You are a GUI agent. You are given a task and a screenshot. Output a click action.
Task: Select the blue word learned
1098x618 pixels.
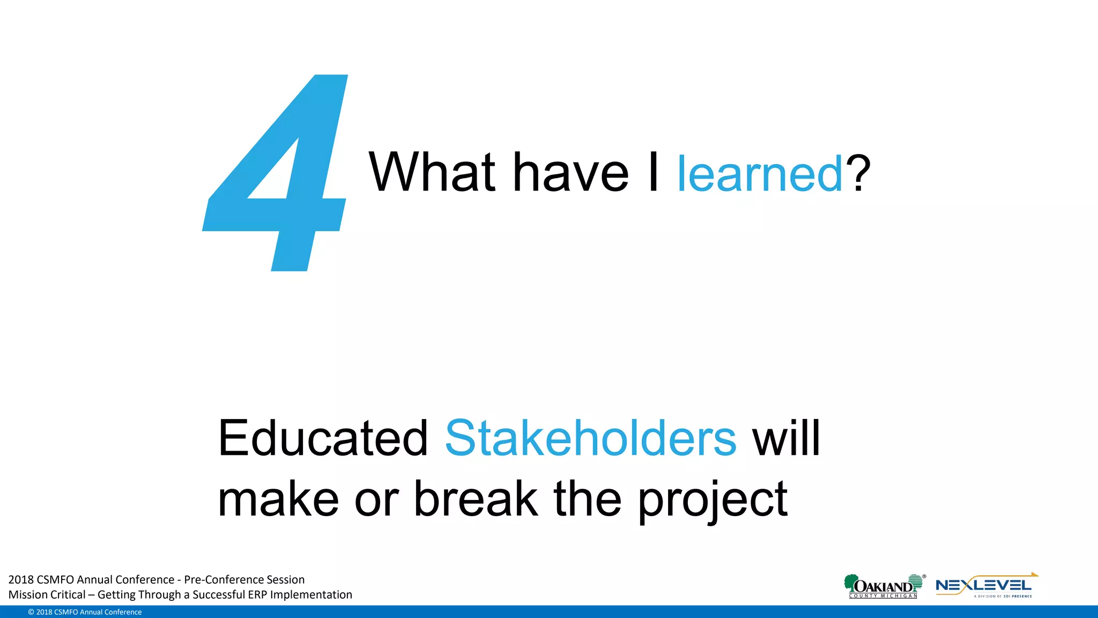[760, 174]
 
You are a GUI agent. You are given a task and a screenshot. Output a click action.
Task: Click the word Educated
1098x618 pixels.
[323, 438]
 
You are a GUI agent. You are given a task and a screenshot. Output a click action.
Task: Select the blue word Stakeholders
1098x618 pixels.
[590, 438]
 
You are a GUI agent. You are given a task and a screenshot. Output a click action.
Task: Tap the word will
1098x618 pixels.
[786, 438]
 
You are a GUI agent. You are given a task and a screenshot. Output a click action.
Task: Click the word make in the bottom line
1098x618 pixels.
[278, 499]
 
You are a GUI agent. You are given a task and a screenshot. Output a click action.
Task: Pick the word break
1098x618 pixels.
[476, 499]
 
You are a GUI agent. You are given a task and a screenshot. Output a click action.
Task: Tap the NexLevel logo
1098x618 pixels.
[985, 586]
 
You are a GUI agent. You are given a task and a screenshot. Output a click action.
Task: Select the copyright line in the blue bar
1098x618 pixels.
[85, 612]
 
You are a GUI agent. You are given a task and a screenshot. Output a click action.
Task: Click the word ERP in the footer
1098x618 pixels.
[257, 594]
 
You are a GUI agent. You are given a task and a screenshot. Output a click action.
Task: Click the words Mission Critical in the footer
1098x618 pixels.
[47, 594]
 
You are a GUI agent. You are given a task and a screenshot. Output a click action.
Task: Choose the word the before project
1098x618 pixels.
[587, 499]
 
